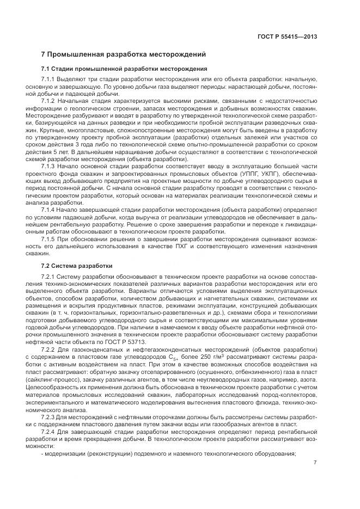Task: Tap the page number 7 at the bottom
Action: (x=315, y=463)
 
